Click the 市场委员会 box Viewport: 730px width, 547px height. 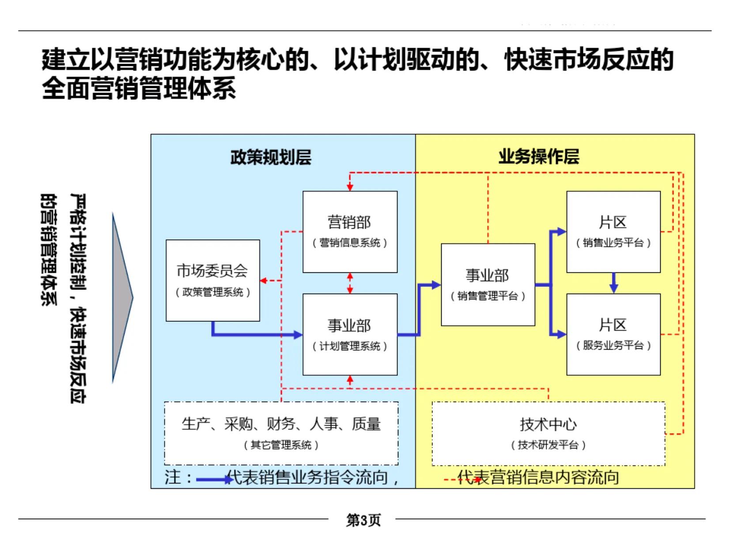tap(212, 280)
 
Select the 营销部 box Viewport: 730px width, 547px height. tap(350, 231)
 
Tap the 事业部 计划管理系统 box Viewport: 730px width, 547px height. tap(350, 334)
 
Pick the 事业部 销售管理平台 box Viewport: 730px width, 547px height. tap(488, 285)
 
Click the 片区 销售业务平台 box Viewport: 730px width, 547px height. tap(613, 231)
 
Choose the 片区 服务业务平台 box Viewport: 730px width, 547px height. tap(613, 334)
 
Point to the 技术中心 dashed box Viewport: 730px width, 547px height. tap(548, 433)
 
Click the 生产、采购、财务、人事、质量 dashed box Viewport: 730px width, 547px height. tap(281, 433)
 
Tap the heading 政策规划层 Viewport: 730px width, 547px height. tap(271, 157)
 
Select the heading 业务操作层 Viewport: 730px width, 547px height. tap(539, 157)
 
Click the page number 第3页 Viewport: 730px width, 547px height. tap(363, 520)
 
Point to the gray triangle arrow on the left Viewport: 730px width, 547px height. tap(121, 298)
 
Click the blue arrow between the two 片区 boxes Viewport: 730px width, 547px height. tap(613, 283)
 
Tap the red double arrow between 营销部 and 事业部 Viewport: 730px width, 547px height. tap(350, 283)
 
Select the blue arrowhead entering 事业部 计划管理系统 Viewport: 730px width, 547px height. tap(298, 335)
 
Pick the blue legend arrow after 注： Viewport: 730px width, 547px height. tap(214, 479)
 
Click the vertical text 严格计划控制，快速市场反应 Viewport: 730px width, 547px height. tap(78, 298)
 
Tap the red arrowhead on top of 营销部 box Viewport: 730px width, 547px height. tap(350, 187)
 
